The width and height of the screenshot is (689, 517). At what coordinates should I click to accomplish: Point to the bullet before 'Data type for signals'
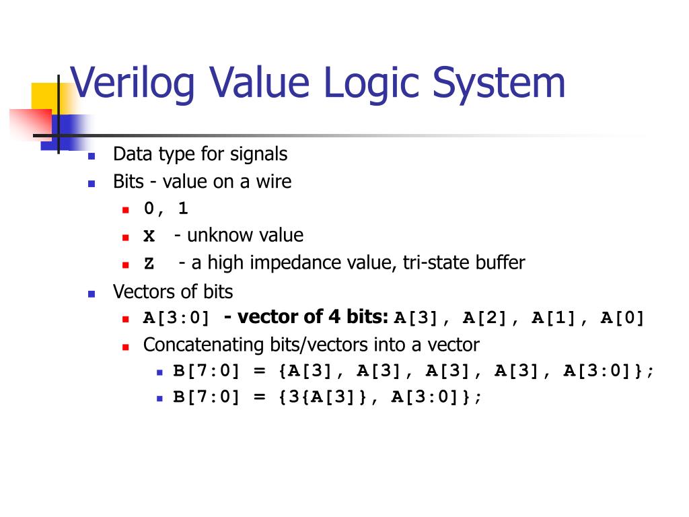93,156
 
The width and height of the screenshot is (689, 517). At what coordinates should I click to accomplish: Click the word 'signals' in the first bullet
258,154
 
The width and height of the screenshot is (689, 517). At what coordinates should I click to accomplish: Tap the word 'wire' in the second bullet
273,181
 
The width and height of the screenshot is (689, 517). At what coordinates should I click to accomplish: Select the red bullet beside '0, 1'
126,210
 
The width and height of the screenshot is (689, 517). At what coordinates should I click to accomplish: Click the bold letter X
149,236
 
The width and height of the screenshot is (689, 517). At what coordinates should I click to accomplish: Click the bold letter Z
149,263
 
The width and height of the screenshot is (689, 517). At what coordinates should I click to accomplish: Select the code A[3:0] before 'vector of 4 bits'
176,318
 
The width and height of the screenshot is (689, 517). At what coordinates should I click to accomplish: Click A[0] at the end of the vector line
622,318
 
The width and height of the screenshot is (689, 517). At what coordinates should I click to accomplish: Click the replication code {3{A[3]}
322,397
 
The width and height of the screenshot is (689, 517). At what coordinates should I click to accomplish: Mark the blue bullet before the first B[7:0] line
159,372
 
